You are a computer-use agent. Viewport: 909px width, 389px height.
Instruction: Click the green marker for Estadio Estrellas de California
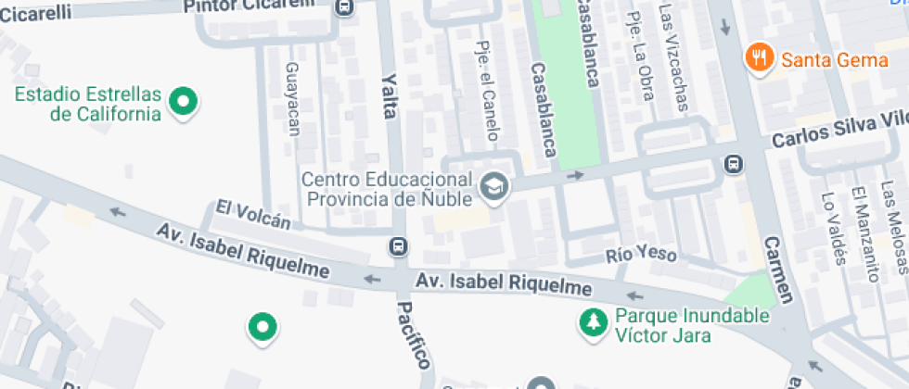[184, 102]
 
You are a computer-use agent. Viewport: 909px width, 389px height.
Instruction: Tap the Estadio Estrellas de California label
[88, 105]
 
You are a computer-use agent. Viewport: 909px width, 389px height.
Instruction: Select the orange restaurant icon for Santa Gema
[759, 58]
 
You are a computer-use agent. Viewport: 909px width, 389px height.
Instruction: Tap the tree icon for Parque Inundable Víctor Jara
[591, 323]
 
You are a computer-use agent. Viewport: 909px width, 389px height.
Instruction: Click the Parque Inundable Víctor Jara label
[691, 324]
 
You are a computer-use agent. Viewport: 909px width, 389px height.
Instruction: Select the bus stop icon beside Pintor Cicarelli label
[345, 7]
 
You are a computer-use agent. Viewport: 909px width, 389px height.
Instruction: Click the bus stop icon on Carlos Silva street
[733, 164]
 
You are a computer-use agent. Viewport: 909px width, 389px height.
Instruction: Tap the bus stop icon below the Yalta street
[398, 246]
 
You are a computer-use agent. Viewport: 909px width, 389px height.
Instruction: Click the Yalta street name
[389, 96]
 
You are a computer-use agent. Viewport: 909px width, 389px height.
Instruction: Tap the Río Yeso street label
[641, 254]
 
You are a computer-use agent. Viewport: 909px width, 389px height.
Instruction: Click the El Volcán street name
[253, 213]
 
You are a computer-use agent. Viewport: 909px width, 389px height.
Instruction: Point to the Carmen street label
[779, 270]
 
